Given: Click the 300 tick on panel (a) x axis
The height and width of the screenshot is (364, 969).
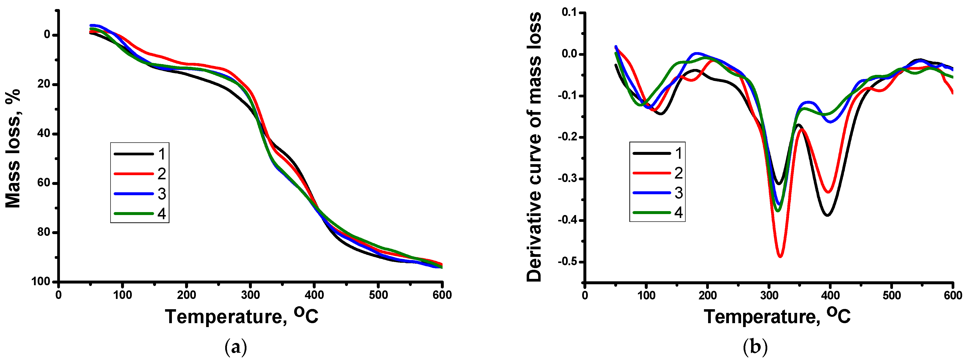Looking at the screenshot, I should pos(250,295).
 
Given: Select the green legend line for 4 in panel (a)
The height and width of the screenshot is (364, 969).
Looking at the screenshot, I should pos(134,213).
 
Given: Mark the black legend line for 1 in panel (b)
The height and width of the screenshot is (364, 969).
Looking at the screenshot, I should pos(652,153).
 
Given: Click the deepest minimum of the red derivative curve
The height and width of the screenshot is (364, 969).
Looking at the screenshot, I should pos(780,256).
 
